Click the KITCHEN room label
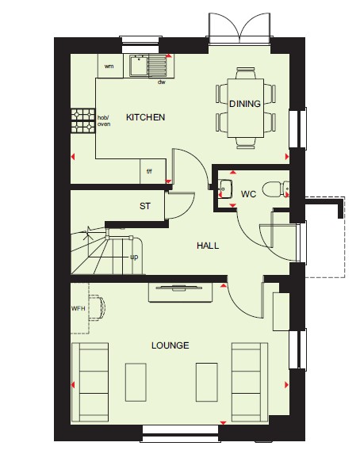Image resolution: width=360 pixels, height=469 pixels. (145, 117)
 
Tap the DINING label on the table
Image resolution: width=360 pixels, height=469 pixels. (245, 104)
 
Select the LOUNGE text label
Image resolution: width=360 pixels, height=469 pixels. (170, 345)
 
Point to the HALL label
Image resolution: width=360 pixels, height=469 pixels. (208, 246)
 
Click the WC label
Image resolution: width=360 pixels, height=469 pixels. (248, 194)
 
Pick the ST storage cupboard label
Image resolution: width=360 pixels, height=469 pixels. (145, 206)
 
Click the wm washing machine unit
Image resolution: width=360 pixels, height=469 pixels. (110, 66)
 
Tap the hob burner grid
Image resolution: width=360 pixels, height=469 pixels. (83, 120)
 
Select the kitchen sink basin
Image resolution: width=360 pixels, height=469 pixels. (138, 65)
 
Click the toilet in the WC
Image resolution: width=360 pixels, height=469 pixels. (275, 189)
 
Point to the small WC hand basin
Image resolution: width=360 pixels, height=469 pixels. (225, 189)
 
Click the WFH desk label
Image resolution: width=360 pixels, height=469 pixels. (79, 308)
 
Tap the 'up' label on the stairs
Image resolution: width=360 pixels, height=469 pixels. (134, 257)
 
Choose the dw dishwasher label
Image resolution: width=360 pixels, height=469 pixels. (162, 82)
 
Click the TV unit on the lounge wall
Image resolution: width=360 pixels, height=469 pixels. (181, 292)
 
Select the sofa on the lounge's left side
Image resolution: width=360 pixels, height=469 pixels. (90, 382)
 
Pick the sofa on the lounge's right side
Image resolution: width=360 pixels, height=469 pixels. (250, 382)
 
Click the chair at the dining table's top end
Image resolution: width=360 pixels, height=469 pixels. (246, 73)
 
